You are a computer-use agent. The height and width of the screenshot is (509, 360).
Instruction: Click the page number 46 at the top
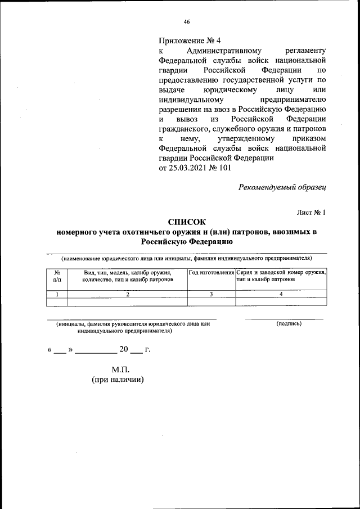point(186,22)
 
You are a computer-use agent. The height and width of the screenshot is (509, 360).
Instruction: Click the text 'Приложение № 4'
point(190,40)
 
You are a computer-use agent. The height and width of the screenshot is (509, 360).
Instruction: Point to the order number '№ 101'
point(220,167)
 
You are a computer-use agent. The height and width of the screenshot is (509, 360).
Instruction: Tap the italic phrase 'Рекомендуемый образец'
point(282,187)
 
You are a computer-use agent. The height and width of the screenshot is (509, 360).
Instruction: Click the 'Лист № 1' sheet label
point(312,212)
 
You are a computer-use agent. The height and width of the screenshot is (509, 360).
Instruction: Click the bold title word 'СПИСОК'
point(187,222)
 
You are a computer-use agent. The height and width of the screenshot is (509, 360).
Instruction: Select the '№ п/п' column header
point(57,276)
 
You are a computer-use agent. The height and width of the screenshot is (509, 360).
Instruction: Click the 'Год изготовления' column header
point(211,272)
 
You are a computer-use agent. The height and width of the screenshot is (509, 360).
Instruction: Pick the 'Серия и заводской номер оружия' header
point(281,272)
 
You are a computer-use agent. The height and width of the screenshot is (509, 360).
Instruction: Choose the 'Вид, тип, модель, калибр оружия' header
point(127,272)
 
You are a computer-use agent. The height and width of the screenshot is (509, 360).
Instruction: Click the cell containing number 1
point(57,294)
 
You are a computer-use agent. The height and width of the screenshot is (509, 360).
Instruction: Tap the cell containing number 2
point(127,294)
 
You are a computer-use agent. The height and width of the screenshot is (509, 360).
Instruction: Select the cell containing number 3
point(211,294)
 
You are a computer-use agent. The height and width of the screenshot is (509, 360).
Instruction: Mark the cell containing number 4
point(281,294)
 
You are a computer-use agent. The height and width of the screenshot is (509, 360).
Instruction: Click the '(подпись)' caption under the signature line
point(289,324)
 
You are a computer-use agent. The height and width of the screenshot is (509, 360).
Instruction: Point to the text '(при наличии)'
point(118,380)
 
